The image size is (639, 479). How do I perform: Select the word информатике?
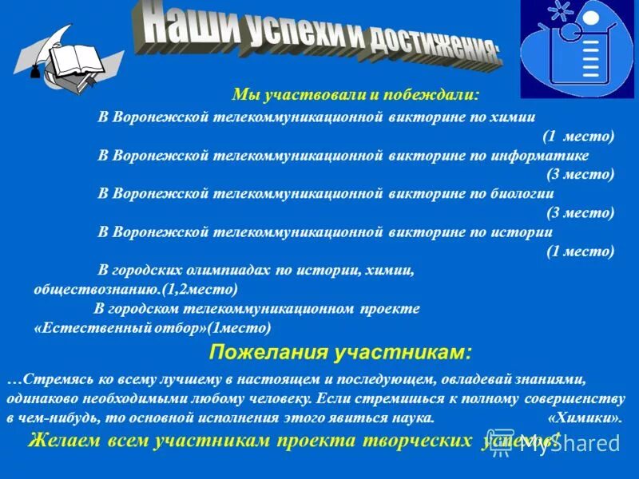pyautogui.click(x=544, y=155)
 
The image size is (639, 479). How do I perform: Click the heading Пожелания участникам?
pyautogui.click(x=340, y=352)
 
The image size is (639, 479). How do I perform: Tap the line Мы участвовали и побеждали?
pyautogui.click(x=355, y=95)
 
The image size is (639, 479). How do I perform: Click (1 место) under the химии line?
pyautogui.click(x=579, y=136)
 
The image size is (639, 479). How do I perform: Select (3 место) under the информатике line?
pyautogui.click(x=581, y=174)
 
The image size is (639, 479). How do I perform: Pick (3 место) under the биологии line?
pyautogui.click(x=581, y=212)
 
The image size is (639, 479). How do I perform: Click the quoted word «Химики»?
pyautogui.click(x=585, y=418)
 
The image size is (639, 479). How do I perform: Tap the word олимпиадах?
pyautogui.click(x=231, y=270)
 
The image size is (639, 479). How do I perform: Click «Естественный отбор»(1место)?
pyautogui.click(x=153, y=327)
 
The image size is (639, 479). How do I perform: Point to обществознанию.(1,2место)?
pyautogui.click(x=135, y=289)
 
